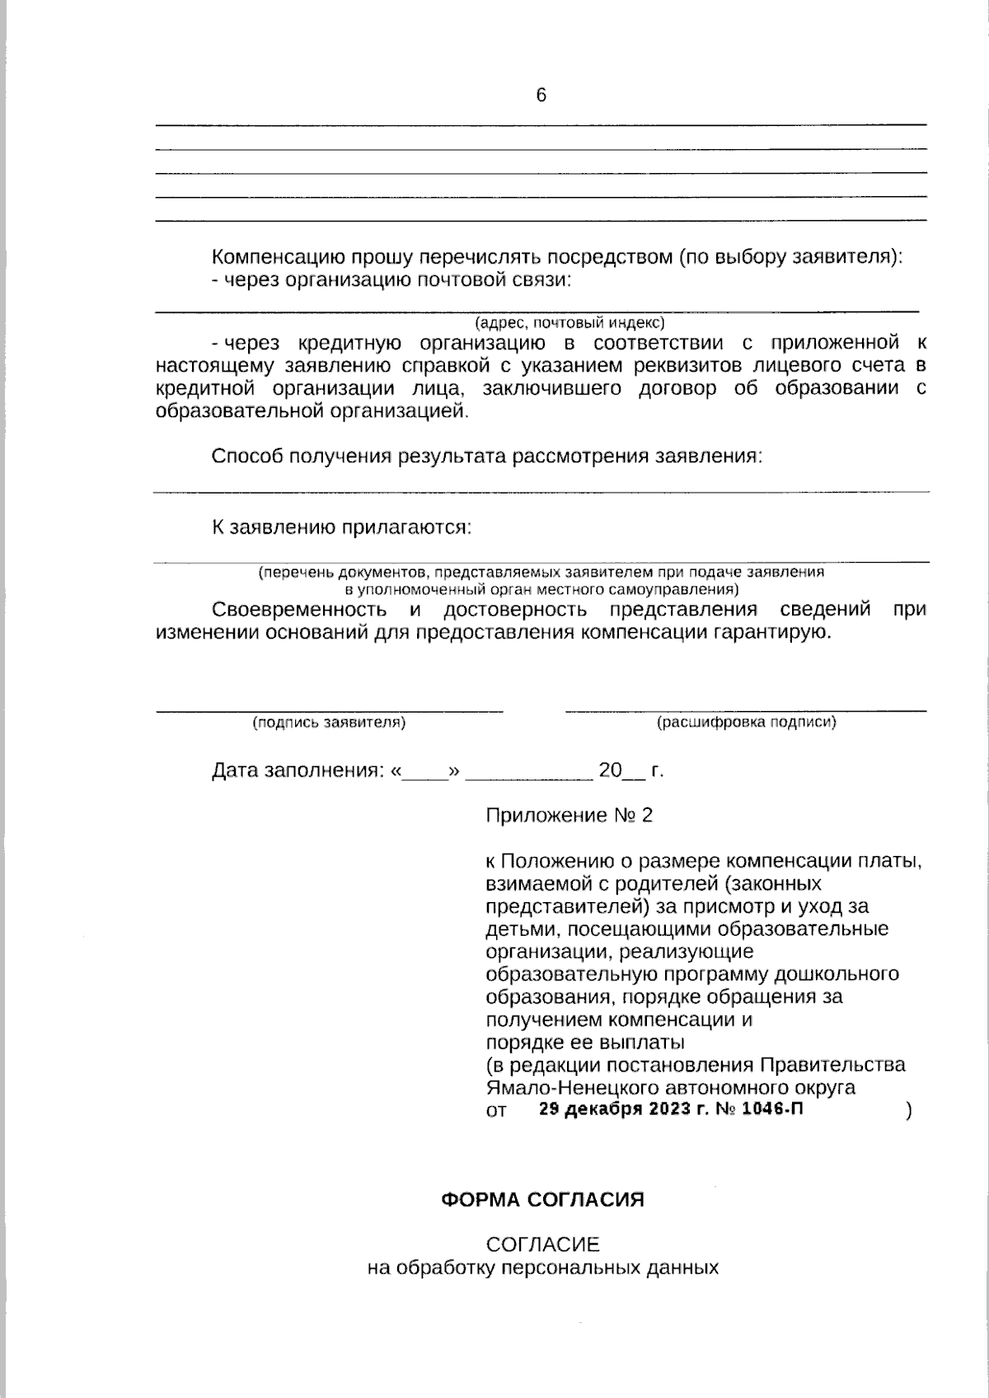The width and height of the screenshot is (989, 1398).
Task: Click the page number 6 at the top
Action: click(x=541, y=96)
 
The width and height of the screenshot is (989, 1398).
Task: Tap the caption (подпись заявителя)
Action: click(x=329, y=722)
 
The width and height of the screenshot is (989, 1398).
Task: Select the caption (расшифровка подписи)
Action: click(x=746, y=722)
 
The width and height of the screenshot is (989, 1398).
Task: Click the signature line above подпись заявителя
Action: click(x=330, y=709)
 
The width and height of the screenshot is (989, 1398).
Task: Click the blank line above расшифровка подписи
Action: click(x=746, y=709)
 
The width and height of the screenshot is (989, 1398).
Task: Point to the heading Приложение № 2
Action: click(x=569, y=816)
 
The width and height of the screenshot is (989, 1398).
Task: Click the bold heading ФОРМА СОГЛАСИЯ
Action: click(x=542, y=1199)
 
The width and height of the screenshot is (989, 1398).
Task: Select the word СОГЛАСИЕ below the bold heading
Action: click(x=542, y=1244)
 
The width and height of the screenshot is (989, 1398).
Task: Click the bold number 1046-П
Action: click(x=773, y=1109)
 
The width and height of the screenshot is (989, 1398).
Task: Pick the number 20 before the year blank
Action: click(x=610, y=771)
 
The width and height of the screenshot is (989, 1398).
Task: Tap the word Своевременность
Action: click(x=299, y=610)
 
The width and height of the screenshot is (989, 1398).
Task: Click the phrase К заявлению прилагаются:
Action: click(x=342, y=527)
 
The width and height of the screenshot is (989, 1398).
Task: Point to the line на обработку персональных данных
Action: click(x=542, y=1267)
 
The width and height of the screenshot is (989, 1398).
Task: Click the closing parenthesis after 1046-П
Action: click(x=908, y=1110)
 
